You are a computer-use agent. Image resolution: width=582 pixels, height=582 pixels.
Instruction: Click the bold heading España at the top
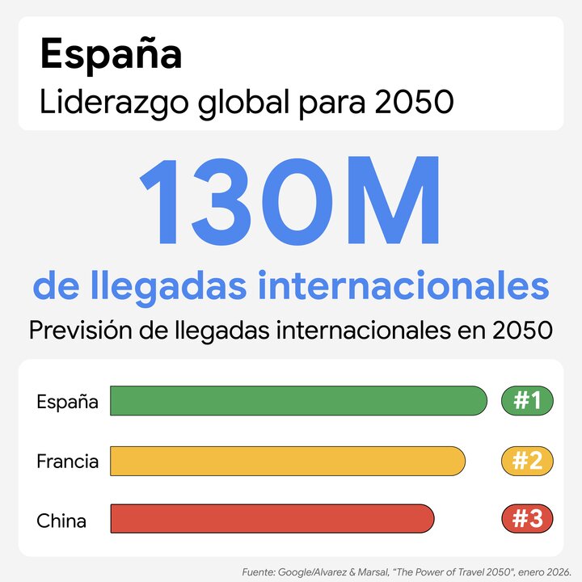[x=111, y=55]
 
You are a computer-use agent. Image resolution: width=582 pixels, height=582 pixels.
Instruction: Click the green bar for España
[x=298, y=401]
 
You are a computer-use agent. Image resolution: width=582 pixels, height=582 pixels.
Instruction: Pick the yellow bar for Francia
[x=288, y=461]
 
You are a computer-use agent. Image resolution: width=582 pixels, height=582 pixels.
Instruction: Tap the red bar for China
[x=272, y=519]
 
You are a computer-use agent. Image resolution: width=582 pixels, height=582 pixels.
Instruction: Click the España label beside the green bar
[x=68, y=402]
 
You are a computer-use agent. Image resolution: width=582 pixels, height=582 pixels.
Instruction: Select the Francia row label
[x=68, y=462]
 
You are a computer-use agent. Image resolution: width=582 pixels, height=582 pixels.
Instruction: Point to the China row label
[x=61, y=520]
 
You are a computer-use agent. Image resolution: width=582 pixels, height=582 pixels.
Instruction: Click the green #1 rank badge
[x=527, y=401]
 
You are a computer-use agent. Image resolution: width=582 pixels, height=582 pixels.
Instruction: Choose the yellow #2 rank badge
[x=527, y=461]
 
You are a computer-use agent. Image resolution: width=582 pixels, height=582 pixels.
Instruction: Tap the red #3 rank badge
[x=527, y=519]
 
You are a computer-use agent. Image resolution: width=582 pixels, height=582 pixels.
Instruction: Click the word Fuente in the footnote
[x=257, y=571]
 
